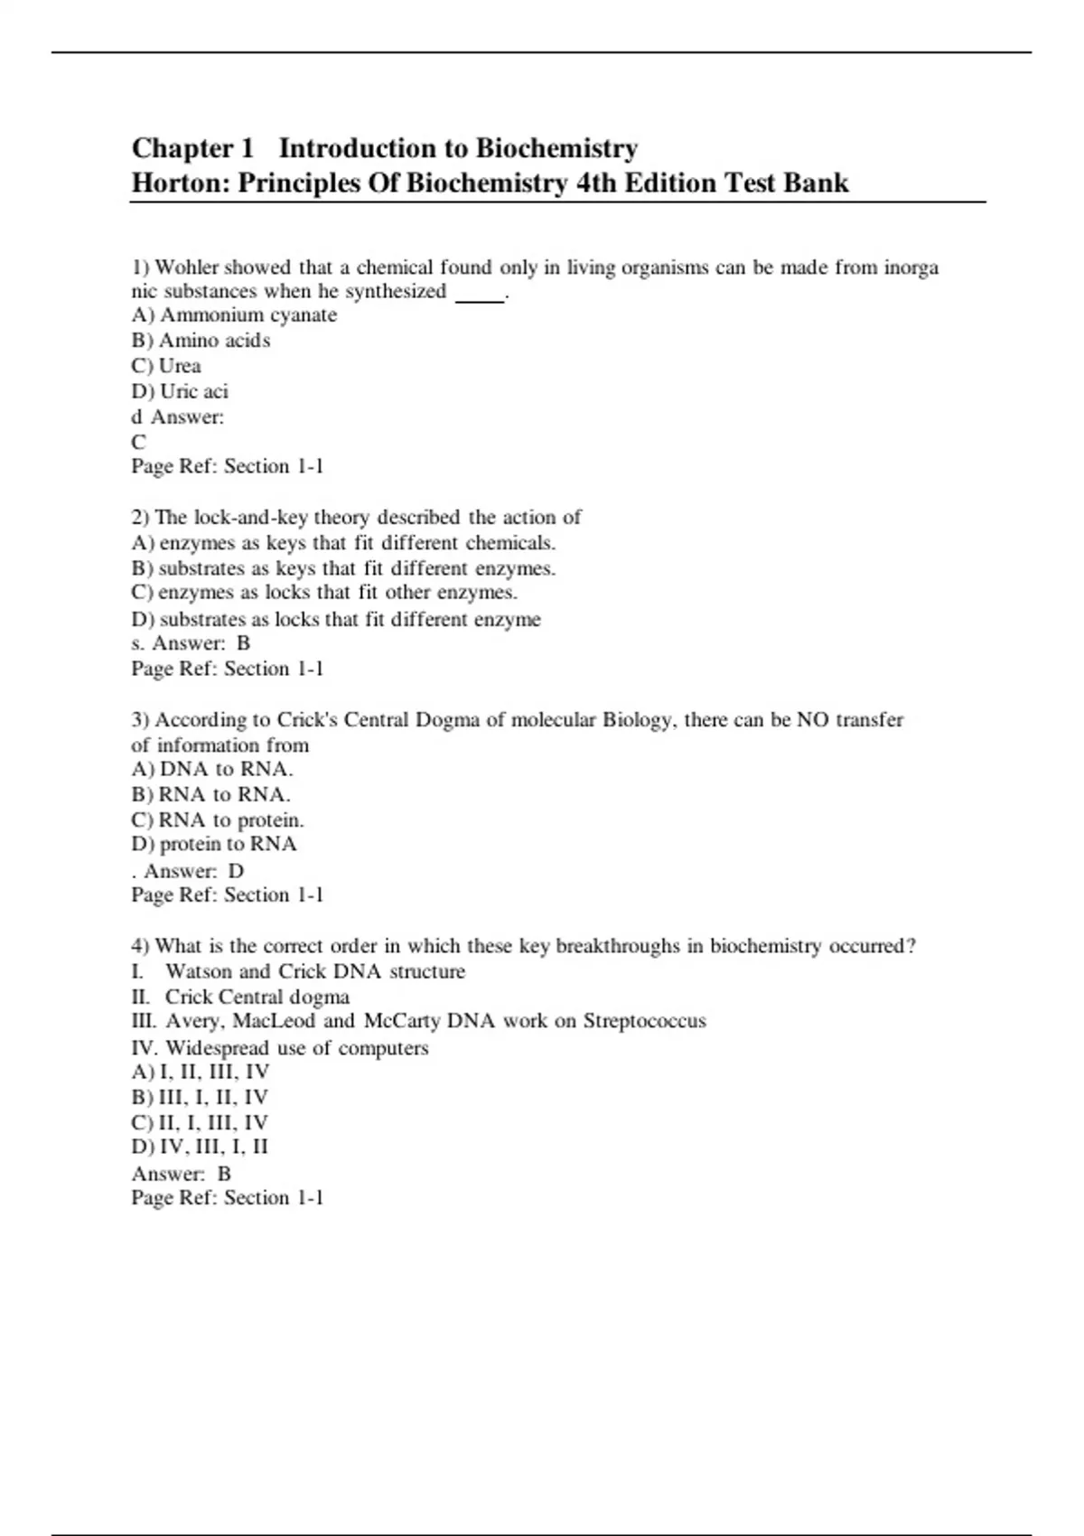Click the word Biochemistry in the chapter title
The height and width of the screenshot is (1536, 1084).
coord(556,147)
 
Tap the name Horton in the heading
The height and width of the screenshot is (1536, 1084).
coord(181,183)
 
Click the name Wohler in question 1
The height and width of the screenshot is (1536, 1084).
coord(187,267)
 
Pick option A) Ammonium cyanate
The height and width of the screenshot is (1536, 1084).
coord(234,315)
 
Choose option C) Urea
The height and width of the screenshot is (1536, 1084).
coord(166,366)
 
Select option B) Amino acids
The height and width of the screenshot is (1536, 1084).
coord(201,341)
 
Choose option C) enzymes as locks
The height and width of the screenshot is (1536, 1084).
coord(323,593)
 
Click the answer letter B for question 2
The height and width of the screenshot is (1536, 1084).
coord(243,643)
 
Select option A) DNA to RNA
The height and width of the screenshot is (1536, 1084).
coord(212,770)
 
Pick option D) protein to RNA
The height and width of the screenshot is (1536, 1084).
coord(214,844)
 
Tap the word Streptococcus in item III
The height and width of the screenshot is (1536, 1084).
coord(644,1021)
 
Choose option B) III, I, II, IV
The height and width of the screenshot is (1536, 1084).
coord(200,1097)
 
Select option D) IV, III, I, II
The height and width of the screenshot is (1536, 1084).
coord(200,1147)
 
